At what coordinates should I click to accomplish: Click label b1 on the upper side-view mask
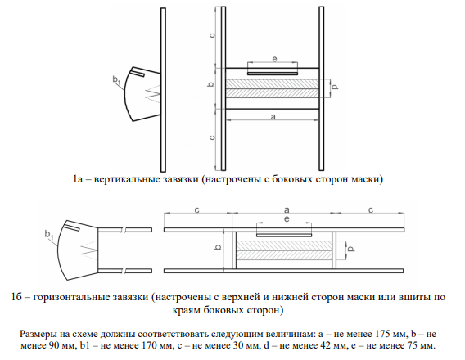[116, 80]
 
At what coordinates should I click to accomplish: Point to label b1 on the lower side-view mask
[49, 234]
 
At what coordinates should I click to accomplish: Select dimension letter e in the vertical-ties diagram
[274, 59]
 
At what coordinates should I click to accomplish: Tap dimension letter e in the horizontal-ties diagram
[287, 219]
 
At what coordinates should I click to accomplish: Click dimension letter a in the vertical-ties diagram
[273, 117]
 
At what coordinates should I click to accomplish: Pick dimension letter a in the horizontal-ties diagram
[287, 210]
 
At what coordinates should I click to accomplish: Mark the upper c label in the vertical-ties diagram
[212, 35]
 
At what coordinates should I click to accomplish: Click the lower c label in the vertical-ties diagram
[212, 137]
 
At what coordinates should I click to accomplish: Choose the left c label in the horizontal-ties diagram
[197, 210]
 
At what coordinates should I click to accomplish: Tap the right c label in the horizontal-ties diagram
[371, 210]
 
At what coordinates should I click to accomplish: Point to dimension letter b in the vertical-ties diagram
[210, 84]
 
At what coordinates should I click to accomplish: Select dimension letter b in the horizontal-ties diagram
[219, 246]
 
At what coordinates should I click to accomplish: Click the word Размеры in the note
[38, 334]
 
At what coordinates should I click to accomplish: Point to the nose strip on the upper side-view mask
[138, 73]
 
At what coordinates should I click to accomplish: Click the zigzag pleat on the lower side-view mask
[89, 250]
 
